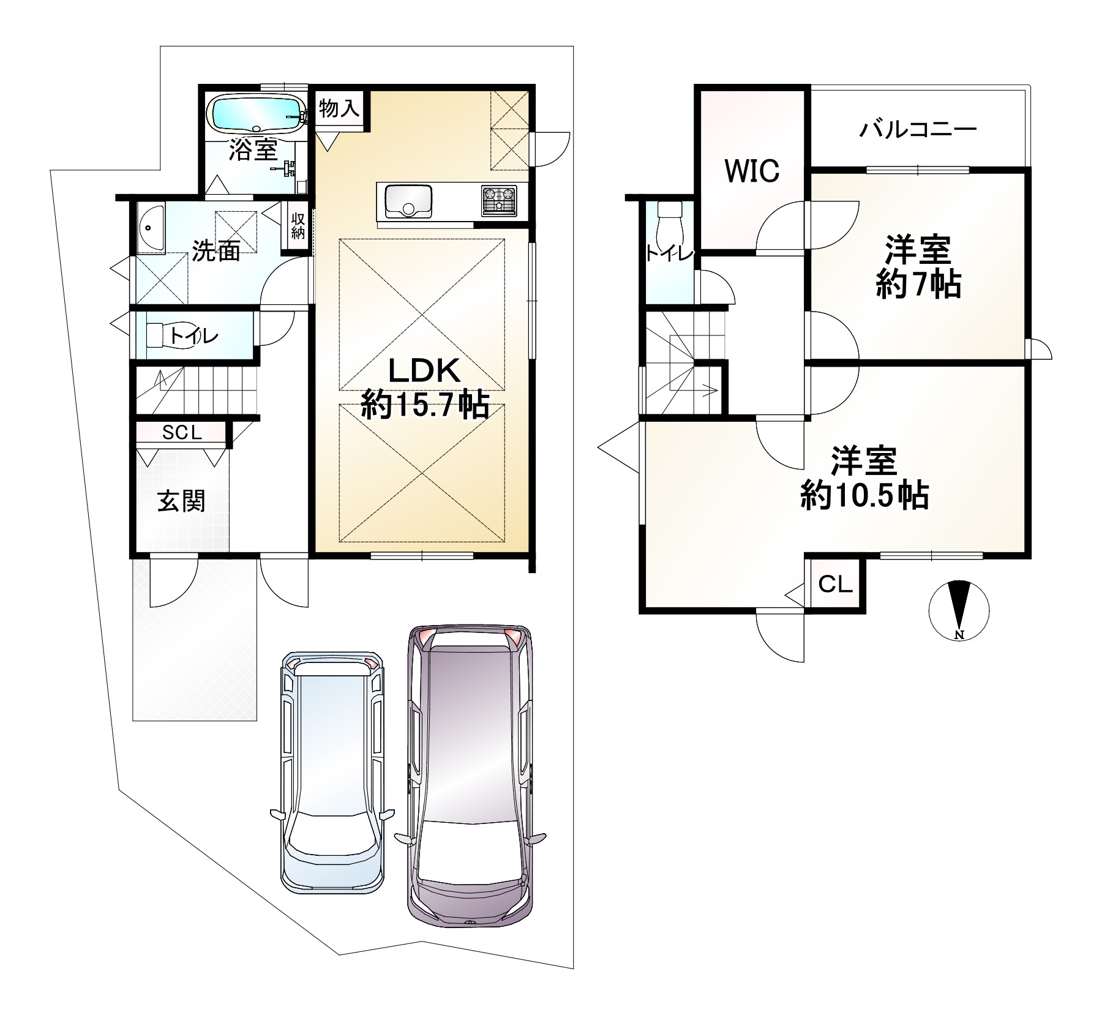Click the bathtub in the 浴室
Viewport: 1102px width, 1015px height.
257,113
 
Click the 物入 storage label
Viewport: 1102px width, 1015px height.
339,110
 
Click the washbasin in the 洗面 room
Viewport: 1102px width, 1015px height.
150,227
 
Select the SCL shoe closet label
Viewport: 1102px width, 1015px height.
182,433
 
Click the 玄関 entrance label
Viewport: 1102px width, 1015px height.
181,501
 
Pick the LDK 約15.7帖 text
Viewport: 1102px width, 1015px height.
425,386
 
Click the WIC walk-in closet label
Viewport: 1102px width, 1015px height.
752,171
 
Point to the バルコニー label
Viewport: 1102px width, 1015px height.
918,130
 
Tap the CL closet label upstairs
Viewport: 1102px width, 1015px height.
836,585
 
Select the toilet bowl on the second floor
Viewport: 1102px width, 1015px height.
668,226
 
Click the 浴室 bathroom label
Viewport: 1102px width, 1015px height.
253,149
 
